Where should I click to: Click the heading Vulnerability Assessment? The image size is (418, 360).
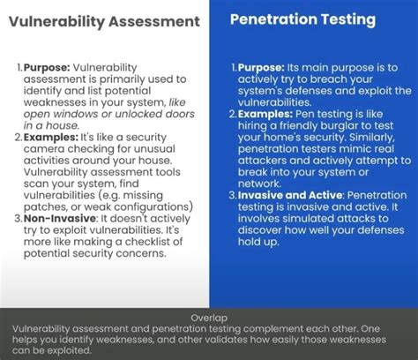pyautogui.click(x=104, y=22)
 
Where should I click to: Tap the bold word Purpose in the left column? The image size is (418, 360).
pyautogui.click(x=45, y=67)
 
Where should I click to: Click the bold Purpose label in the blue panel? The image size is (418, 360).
pyautogui.click(x=260, y=67)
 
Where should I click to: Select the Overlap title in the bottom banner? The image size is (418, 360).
pyautogui.click(x=208, y=317)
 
